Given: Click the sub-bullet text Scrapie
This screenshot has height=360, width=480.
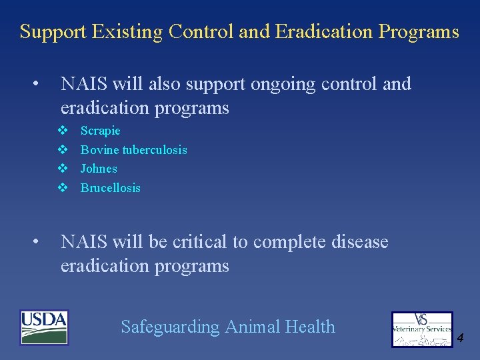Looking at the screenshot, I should [x=100, y=131].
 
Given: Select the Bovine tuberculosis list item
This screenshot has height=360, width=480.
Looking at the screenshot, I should [x=133, y=150].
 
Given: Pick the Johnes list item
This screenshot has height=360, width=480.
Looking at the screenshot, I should [x=99, y=169].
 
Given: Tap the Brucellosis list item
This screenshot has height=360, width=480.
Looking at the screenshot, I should [x=110, y=188].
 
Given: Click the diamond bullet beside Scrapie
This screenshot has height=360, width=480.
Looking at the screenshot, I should [x=63, y=131].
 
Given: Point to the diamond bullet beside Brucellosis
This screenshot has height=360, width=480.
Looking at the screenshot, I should [x=63, y=188].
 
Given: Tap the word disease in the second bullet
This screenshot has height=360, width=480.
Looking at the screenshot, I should [x=360, y=242].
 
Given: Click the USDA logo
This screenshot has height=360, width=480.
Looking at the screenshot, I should [x=44, y=327].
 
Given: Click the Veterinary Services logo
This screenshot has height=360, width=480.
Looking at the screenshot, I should [x=421, y=329].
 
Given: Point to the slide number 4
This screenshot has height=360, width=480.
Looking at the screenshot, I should [x=460, y=338].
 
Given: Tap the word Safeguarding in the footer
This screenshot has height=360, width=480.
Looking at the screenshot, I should [x=170, y=327].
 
